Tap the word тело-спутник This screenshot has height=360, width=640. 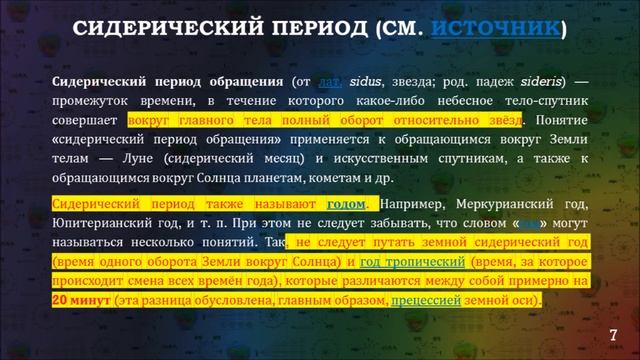click(540, 99)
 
